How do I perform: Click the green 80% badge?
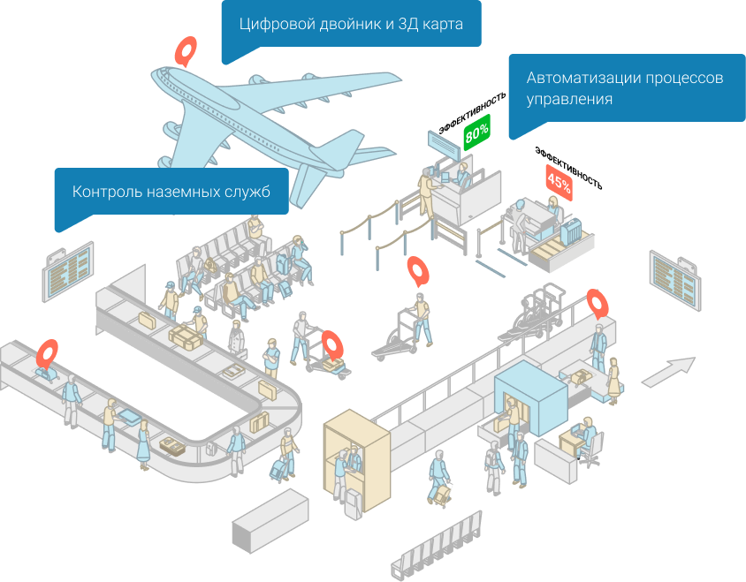click(476, 132)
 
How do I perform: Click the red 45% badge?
click(559, 182)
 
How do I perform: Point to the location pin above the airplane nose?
click(185, 50)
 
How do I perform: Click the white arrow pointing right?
click(668, 371)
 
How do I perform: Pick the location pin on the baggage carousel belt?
click(47, 352)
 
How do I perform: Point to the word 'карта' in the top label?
click(442, 24)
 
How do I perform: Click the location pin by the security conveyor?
click(599, 303)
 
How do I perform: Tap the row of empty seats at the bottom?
click(436, 546)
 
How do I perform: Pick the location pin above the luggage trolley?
click(331, 344)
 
